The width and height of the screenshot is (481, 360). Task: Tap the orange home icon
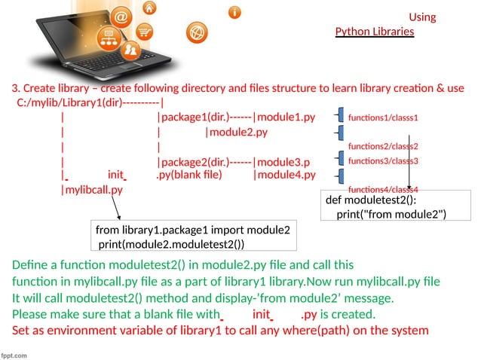[151, 8]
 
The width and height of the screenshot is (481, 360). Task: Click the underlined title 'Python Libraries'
[375, 32]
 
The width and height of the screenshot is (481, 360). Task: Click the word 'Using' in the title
[422, 17]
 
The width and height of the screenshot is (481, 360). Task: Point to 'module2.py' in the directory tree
[238, 133]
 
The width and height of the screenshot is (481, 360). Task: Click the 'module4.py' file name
[286, 176]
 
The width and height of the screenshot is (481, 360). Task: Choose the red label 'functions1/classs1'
[382, 118]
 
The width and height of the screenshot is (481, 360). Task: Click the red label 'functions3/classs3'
[382, 161]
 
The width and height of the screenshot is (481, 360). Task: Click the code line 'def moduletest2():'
[370, 200]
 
